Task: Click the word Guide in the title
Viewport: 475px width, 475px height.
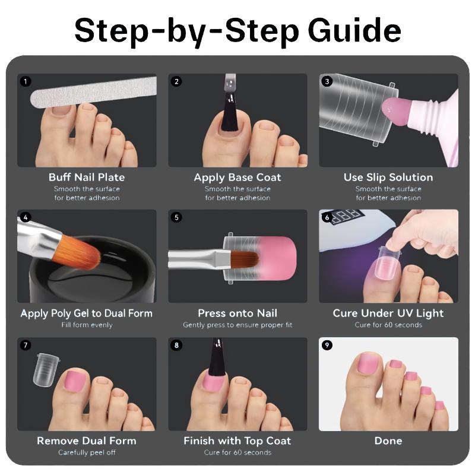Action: pyautogui.click(x=354, y=30)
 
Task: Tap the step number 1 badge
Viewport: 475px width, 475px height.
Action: pyautogui.click(x=26, y=81)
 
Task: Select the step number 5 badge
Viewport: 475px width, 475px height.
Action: pyautogui.click(x=176, y=217)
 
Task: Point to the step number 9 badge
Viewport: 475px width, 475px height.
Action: pyautogui.click(x=327, y=345)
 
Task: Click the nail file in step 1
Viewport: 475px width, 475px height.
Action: pyautogui.click(x=93, y=92)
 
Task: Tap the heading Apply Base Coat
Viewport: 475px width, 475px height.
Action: pyautogui.click(x=237, y=177)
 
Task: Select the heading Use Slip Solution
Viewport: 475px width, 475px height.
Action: pyautogui.click(x=388, y=177)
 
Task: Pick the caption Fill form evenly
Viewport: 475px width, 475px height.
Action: pyautogui.click(x=87, y=325)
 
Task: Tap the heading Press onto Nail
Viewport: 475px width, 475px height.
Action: pyautogui.click(x=237, y=313)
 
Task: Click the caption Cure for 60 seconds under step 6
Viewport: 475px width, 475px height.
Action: pyautogui.click(x=388, y=325)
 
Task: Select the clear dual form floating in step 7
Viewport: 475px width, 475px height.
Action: pyautogui.click(x=46, y=369)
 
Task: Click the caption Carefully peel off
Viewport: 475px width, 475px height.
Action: pyautogui.click(x=87, y=452)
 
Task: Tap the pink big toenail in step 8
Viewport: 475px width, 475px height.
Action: pyautogui.click(x=213, y=381)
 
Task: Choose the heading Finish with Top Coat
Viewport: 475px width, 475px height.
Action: pyautogui.click(x=237, y=441)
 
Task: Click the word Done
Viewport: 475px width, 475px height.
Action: pyautogui.click(x=388, y=441)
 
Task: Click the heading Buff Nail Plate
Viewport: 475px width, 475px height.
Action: pyautogui.click(x=87, y=177)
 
